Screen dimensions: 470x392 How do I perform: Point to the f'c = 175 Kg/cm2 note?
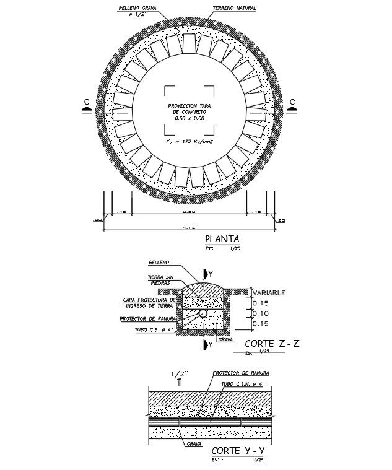click(189, 142)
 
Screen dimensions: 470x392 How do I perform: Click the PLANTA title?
click(221, 240)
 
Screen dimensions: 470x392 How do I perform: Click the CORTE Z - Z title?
click(272, 344)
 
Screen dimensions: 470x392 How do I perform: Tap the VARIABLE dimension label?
click(268, 293)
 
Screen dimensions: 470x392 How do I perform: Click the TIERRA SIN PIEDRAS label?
click(159, 280)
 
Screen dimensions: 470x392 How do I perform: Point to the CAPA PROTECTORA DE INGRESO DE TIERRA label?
click(150, 302)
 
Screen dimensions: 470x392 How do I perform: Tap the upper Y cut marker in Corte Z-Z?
click(209, 274)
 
